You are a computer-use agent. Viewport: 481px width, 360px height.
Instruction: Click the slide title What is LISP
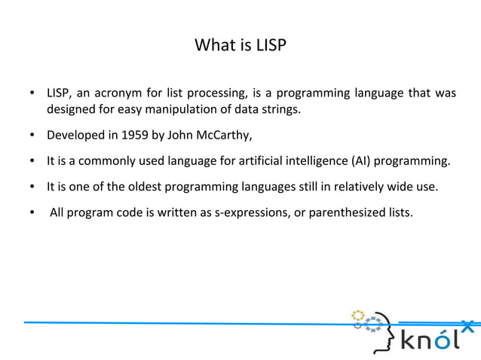(240, 46)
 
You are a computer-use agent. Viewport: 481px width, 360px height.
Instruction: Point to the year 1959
(129, 136)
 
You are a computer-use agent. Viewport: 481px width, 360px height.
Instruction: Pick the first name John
(177, 136)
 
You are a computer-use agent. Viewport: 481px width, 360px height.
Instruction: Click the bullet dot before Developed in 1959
(32, 136)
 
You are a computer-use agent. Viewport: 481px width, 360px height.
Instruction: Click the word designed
(70, 111)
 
